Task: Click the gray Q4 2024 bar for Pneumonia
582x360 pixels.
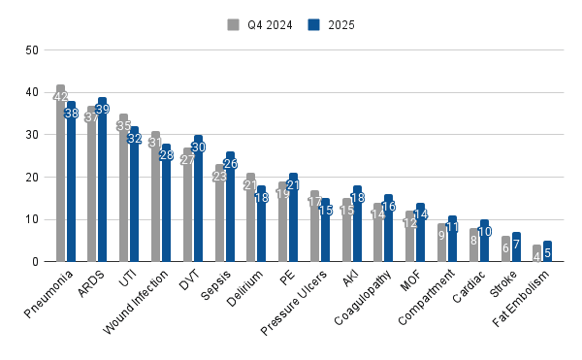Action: coord(60,174)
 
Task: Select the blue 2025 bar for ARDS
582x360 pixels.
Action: coord(103,180)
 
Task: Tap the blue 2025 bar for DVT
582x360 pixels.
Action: coord(198,199)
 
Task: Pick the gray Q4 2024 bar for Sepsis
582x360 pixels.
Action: coord(220,213)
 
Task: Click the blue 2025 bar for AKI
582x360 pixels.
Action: coord(357,224)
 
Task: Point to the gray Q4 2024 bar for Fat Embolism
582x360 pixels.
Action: coord(536,253)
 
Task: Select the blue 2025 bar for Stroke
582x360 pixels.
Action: coord(516,247)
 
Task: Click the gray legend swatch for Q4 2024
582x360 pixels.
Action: coord(233,25)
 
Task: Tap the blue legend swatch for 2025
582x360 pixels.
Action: coord(313,25)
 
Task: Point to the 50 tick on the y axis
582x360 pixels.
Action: coord(32,50)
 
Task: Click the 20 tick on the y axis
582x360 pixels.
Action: coord(32,178)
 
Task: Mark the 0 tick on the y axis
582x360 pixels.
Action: coord(35,262)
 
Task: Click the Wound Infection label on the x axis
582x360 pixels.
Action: coord(135,302)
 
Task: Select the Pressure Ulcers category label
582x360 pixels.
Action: coord(294,303)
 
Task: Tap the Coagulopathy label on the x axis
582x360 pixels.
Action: coord(362,298)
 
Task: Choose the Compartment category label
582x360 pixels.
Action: coord(426,297)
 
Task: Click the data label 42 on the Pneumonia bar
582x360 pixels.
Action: coord(60,97)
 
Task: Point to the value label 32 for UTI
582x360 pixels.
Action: coord(135,139)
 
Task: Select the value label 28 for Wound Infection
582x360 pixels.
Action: coord(166,155)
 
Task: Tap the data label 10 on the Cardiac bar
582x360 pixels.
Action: coord(484,232)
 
